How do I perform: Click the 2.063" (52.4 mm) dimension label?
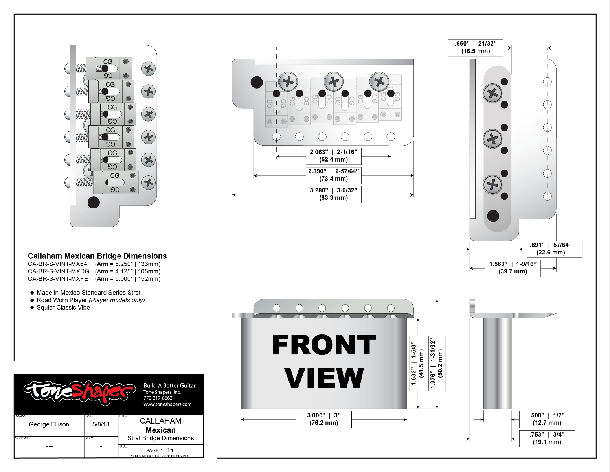(333, 156)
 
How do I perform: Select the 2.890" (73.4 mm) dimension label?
(333, 175)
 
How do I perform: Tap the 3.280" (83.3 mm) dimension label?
(333, 194)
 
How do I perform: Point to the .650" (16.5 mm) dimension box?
(476, 48)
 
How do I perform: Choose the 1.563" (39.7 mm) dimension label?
(513, 268)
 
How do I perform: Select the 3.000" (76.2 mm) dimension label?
(323, 419)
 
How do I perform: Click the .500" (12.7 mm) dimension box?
(547, 419)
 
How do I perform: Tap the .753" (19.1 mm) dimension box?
(547, 439)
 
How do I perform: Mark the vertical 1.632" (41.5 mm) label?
(417, 363)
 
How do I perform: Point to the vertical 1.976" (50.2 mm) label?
(437, 363)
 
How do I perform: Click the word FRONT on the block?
(323, 345)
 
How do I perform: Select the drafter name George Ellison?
(49, 424)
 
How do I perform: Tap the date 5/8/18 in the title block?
(101, 424)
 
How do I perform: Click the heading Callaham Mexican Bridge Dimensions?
(97, 256)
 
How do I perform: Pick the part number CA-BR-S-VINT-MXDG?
(59, 271)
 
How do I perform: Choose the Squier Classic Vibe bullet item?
(63, 308)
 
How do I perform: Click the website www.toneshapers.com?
(167, 404)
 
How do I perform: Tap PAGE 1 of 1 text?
(160, 450)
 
